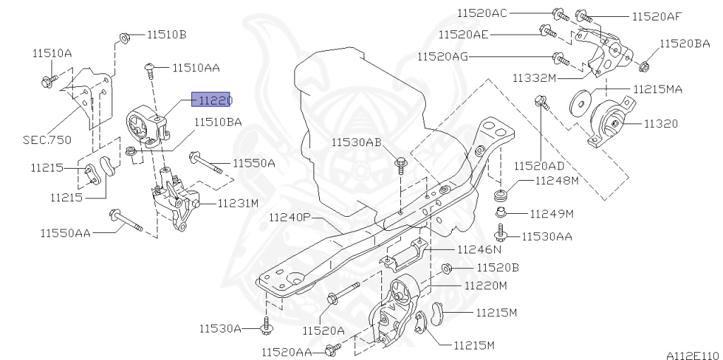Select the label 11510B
pos(167,33)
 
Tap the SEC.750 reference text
pos(46,140)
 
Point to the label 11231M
pos(238,203)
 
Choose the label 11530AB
pos(357,143)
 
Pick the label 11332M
pos(534,77)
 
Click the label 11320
pos(660,124)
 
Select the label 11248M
pos(556,181)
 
